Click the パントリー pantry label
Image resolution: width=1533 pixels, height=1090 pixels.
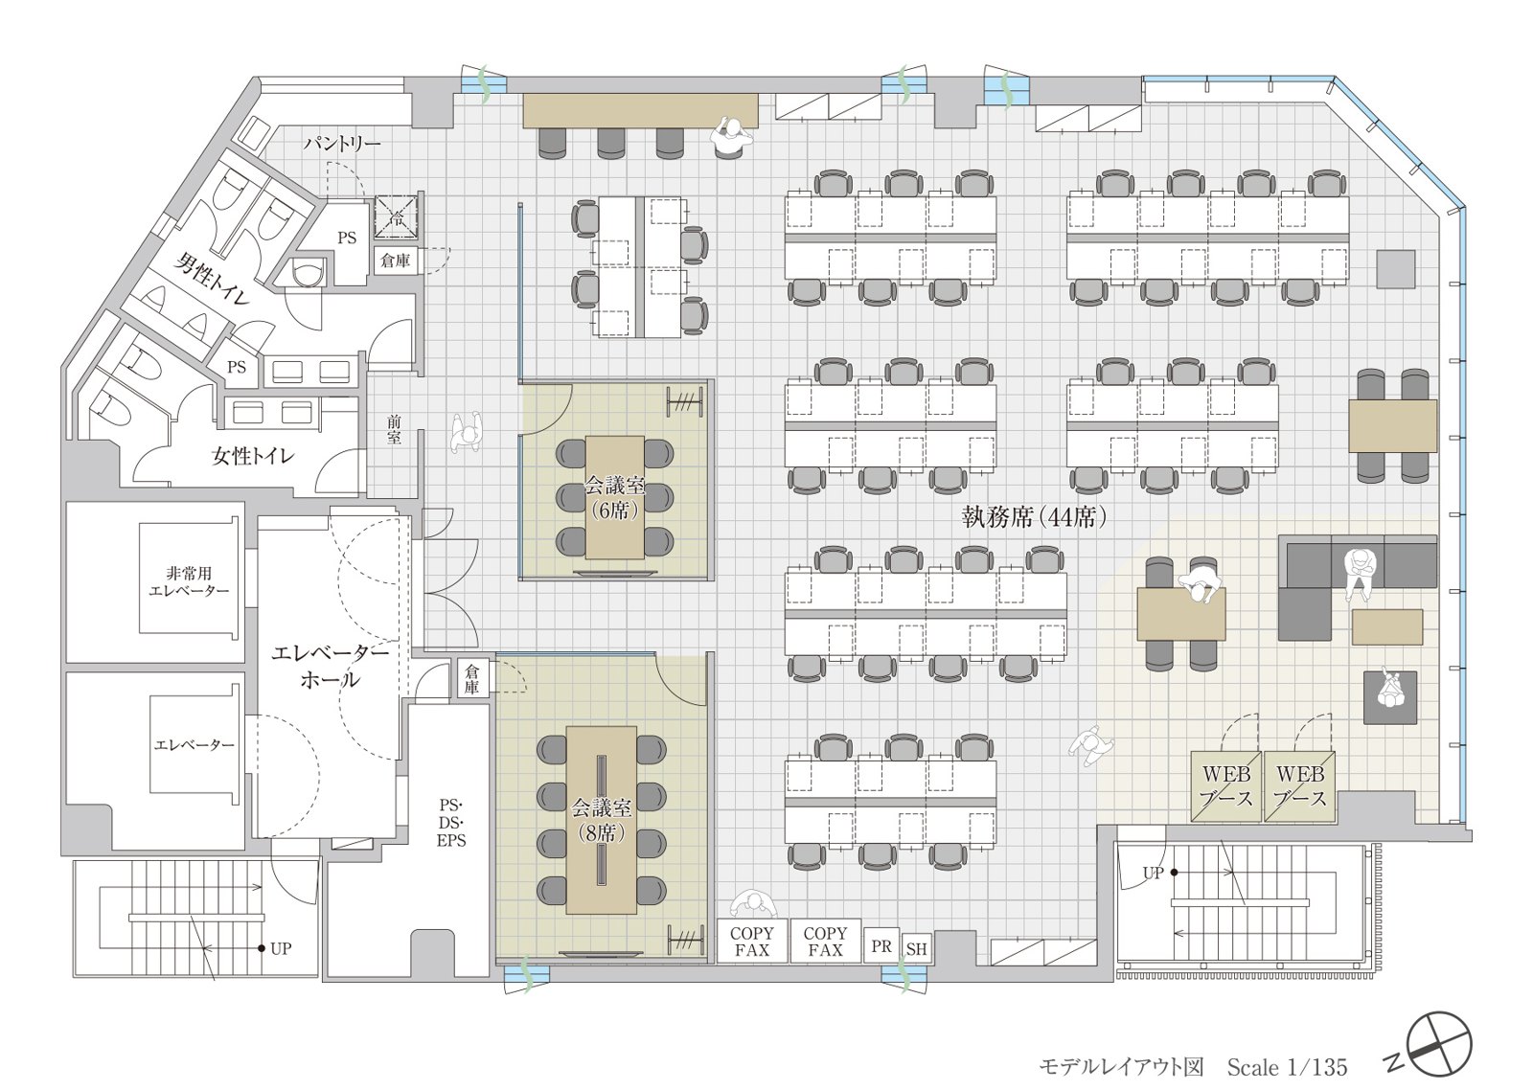[342, 144]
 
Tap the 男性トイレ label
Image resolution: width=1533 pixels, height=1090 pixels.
[212, 279]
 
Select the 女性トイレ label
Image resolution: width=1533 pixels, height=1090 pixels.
[253, 456]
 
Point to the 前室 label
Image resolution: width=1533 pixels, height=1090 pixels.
[394, 429]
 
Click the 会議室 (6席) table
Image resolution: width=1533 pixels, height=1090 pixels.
[614, 497]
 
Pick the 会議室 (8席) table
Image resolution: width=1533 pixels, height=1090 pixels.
[602, 820]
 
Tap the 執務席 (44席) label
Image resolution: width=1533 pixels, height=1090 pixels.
[1034, 517]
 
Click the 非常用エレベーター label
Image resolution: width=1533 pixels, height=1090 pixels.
[189, 581]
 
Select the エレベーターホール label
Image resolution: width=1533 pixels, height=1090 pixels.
[331, 666]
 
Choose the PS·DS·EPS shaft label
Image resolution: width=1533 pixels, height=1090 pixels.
[451, 823]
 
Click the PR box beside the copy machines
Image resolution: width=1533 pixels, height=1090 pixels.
[881, 945]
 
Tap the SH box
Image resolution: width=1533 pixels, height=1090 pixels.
[916, 949]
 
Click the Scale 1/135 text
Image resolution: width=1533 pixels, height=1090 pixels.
[1287, 1067]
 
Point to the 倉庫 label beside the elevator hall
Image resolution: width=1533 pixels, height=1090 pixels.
[471, 678]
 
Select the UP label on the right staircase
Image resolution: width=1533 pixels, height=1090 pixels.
[1154, 874]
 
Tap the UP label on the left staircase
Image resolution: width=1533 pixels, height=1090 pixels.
[281, 948]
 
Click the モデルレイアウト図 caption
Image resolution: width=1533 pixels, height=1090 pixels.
[1121, 1067]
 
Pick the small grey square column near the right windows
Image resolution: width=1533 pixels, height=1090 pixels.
[1395, 269]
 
